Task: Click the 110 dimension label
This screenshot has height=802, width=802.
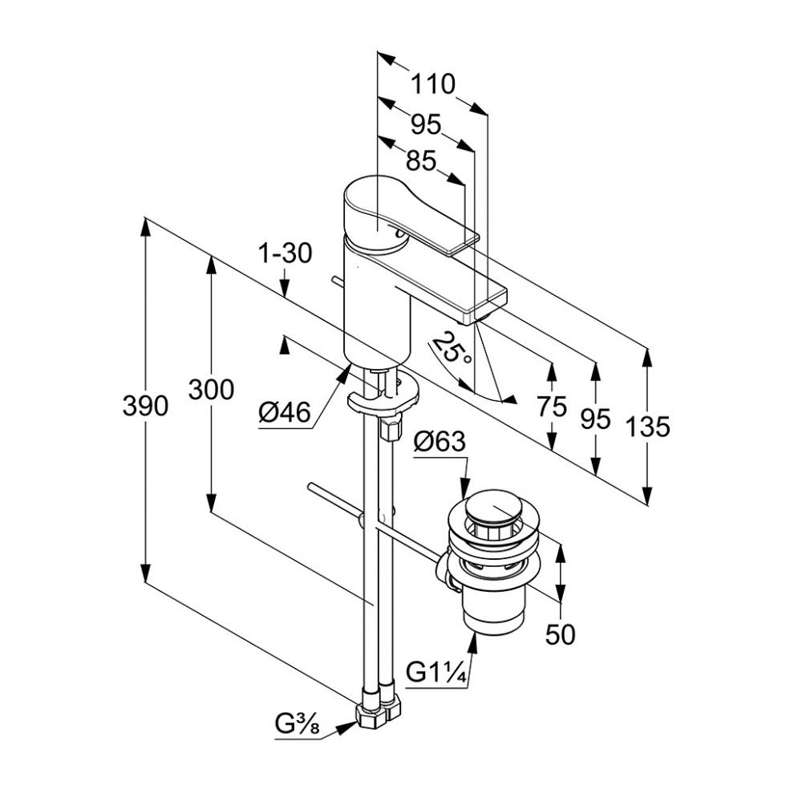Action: pos(433,83)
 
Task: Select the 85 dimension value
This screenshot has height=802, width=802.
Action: pos(420,161)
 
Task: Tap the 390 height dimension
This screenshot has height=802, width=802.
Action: pos(145,407)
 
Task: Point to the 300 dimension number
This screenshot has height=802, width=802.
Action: pos(211,390)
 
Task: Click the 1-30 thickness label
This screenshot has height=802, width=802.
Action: pos(285,254)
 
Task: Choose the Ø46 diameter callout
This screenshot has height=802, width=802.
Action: pos(284,414)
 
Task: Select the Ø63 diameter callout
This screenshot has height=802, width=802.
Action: pos(439,441)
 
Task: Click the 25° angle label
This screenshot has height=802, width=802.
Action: pos(452,350)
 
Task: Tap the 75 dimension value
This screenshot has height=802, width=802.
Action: pos(553,407)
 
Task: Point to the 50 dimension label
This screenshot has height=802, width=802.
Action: pos(561,634)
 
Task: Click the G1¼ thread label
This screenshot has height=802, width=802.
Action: pos(436,672)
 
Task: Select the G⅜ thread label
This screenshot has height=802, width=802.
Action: pos(297,725)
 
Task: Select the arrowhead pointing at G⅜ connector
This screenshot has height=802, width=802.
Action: pos(349,727)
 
